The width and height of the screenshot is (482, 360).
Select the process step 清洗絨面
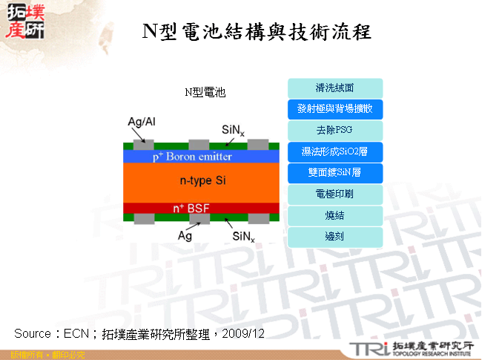coord(334,88)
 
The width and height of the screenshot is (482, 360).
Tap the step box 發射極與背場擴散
coord(334,109)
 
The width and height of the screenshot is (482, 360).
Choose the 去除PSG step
coord(334,131)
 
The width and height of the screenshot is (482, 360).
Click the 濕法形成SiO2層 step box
coord(334,152)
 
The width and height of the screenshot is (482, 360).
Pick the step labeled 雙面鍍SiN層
coord(334,174)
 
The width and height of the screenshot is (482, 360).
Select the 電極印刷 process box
coord(334,194)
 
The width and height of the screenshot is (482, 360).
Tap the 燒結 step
coord(334,216)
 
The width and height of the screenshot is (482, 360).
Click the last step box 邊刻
coord(334,237)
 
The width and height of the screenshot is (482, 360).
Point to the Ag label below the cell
coord(185,235)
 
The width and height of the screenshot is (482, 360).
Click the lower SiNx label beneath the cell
coord(244,236)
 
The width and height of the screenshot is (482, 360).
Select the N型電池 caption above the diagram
coord(205,92)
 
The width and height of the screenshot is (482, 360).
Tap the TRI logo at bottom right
coord(371,348)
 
